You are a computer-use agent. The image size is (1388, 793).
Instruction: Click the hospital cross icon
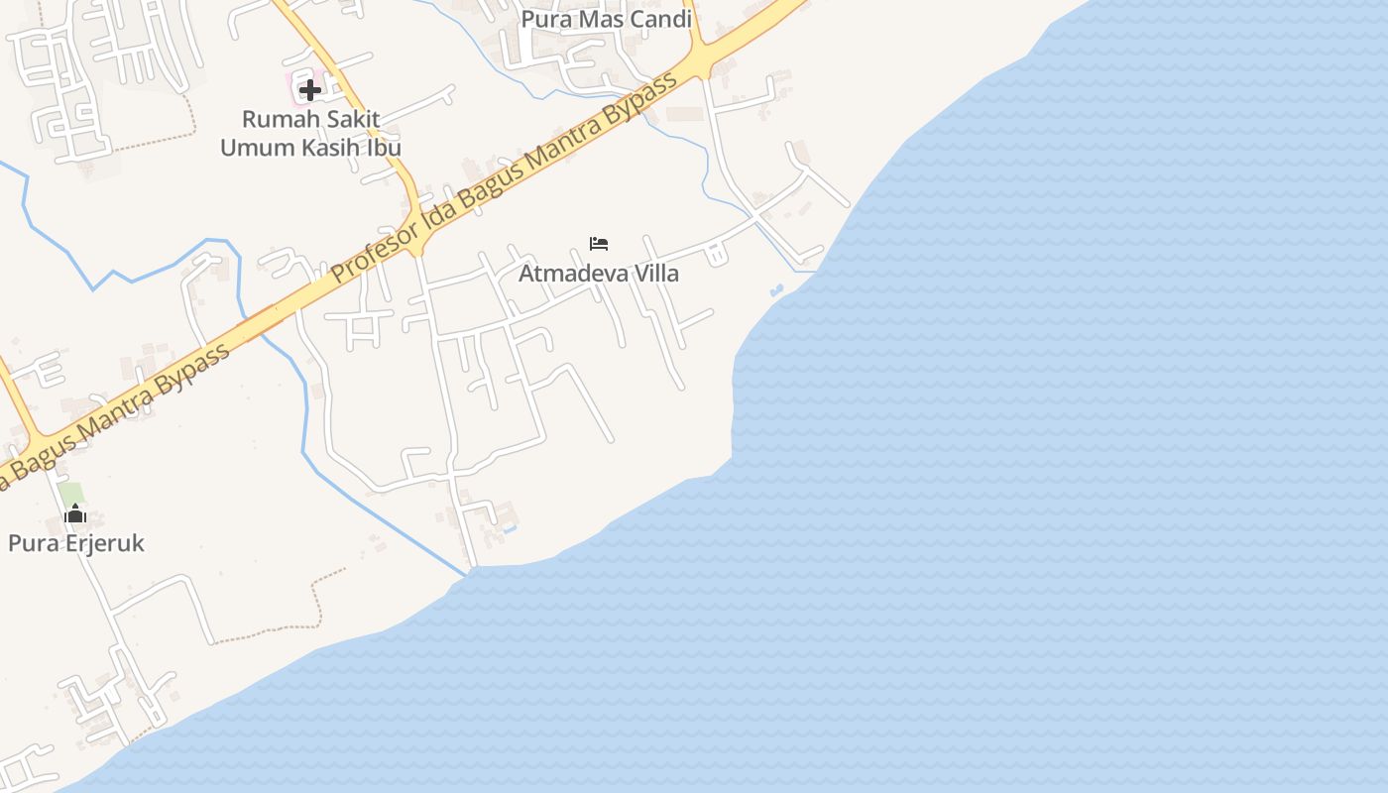[309, 90]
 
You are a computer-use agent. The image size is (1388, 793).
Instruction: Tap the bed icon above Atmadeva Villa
[598, 243]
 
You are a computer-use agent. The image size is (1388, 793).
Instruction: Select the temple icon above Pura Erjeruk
[75, 513]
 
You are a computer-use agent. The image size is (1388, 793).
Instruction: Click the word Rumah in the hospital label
[275, 119]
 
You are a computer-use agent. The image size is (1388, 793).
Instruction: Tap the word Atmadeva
[573, 274]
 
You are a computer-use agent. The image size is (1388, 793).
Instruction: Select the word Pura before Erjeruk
[31, 543]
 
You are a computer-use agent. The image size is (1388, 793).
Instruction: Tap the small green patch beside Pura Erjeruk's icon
[69, 492]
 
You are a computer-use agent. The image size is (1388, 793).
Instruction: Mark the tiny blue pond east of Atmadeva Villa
[775, 290]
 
